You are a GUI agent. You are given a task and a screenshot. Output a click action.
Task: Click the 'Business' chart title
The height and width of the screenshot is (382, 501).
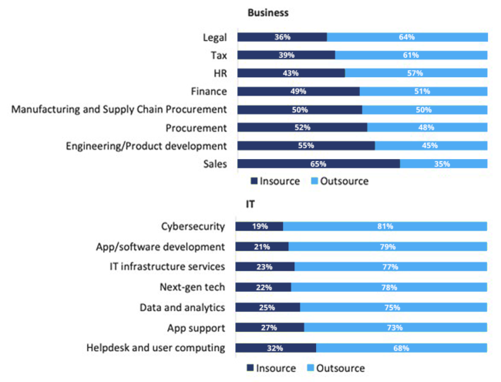(268, 13)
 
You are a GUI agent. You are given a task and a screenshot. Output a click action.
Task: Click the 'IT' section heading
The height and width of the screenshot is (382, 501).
(250, 205)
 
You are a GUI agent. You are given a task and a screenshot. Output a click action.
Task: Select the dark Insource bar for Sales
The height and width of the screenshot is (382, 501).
(318, 164)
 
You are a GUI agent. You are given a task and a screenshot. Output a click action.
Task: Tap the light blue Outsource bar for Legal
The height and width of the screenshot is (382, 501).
(407, 37)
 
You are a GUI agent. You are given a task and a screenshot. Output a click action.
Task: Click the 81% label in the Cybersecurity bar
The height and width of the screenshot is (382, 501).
(385, 226)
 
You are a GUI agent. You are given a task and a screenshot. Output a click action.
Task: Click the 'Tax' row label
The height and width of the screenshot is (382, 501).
(218, 55)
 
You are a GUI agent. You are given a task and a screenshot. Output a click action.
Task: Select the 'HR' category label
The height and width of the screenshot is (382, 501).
(218, 73)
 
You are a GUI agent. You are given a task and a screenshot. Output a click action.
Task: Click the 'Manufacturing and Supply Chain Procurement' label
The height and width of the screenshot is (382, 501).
(119, 110)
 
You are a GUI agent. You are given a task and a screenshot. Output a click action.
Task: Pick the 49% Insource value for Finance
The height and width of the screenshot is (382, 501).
(299, 92)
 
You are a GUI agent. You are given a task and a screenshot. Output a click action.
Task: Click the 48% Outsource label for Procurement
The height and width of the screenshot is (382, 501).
(427, 127)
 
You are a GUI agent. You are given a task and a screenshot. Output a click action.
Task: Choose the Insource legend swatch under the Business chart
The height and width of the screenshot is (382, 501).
(254, 181)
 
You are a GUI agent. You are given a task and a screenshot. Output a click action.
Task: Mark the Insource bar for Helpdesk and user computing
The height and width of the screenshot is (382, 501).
(275, 348)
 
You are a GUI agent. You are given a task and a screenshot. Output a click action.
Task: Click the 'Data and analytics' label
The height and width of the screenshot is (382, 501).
(183, 307)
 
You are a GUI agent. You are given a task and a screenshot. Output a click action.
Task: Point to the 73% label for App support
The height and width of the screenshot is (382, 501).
(395, 328)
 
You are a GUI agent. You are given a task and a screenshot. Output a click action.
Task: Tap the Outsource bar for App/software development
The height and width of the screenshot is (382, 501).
(388, 247)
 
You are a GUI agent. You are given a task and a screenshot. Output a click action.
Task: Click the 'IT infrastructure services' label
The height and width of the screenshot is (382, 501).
(167, 266)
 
